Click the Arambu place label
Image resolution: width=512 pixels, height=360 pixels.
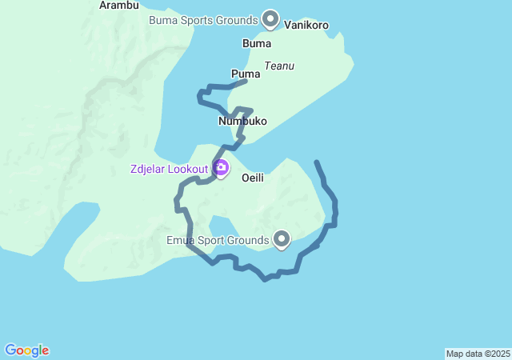[119, 5]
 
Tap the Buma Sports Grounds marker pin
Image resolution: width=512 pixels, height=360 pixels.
[270, 18]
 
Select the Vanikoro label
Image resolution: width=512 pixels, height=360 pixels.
[306, 26]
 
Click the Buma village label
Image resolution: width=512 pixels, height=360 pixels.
[256, 43]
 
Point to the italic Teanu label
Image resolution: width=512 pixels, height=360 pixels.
[279, 66]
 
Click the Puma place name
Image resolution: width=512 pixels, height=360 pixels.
[246, 73]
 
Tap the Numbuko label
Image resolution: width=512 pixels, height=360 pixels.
[242, 122]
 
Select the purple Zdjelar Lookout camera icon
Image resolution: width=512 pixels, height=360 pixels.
[221, 168]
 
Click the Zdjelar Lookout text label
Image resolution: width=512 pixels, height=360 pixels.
[169, 169]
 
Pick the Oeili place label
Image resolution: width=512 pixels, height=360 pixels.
[253, 178]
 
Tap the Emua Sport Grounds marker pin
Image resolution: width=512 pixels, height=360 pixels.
[282, 238]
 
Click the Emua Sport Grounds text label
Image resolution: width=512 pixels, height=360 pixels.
[217, 240]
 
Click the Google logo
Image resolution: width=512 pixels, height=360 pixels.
[26, 350]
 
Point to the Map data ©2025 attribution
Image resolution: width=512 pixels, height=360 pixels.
[478, 354]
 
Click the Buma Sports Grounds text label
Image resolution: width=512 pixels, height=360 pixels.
[203, 19]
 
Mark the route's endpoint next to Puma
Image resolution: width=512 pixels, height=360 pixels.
[245, 80]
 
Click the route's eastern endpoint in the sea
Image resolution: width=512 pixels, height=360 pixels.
[317, 162]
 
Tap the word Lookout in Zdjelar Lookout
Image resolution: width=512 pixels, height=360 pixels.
[189, 169]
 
